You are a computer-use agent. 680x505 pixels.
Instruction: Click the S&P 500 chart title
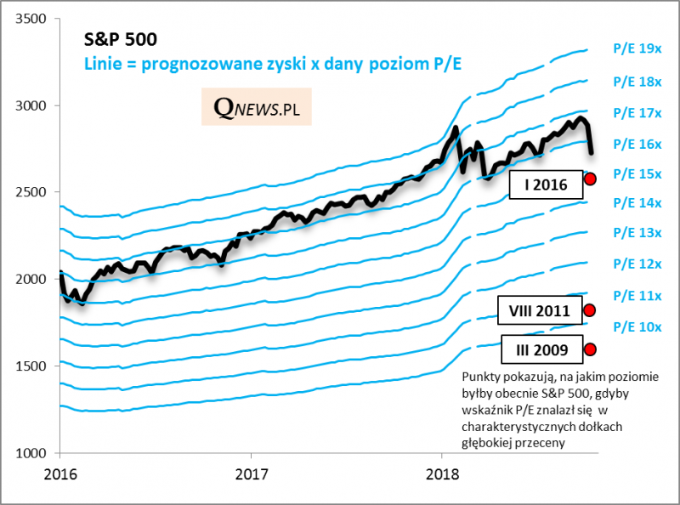tap(119, 39)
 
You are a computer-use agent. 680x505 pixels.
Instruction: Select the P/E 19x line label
tap(637, 49)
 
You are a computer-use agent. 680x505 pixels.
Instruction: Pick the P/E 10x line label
tap(637, 326)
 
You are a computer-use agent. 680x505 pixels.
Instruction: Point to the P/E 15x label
tap(637, 173)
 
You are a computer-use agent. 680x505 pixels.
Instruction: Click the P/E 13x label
tap(637, 233)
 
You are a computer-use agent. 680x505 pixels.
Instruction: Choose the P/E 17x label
tap(637, 112)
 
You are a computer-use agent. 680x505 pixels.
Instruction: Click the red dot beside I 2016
tap(591, 179)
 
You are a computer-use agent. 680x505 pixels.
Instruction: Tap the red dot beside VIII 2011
tap(590, 310)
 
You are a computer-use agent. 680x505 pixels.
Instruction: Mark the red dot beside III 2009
tap(590, 349)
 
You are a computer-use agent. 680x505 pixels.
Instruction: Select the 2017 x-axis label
tap(251, 473)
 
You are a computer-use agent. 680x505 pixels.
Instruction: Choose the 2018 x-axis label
tap(441, 473)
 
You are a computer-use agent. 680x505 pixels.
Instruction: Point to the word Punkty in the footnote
tap(479, 377)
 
